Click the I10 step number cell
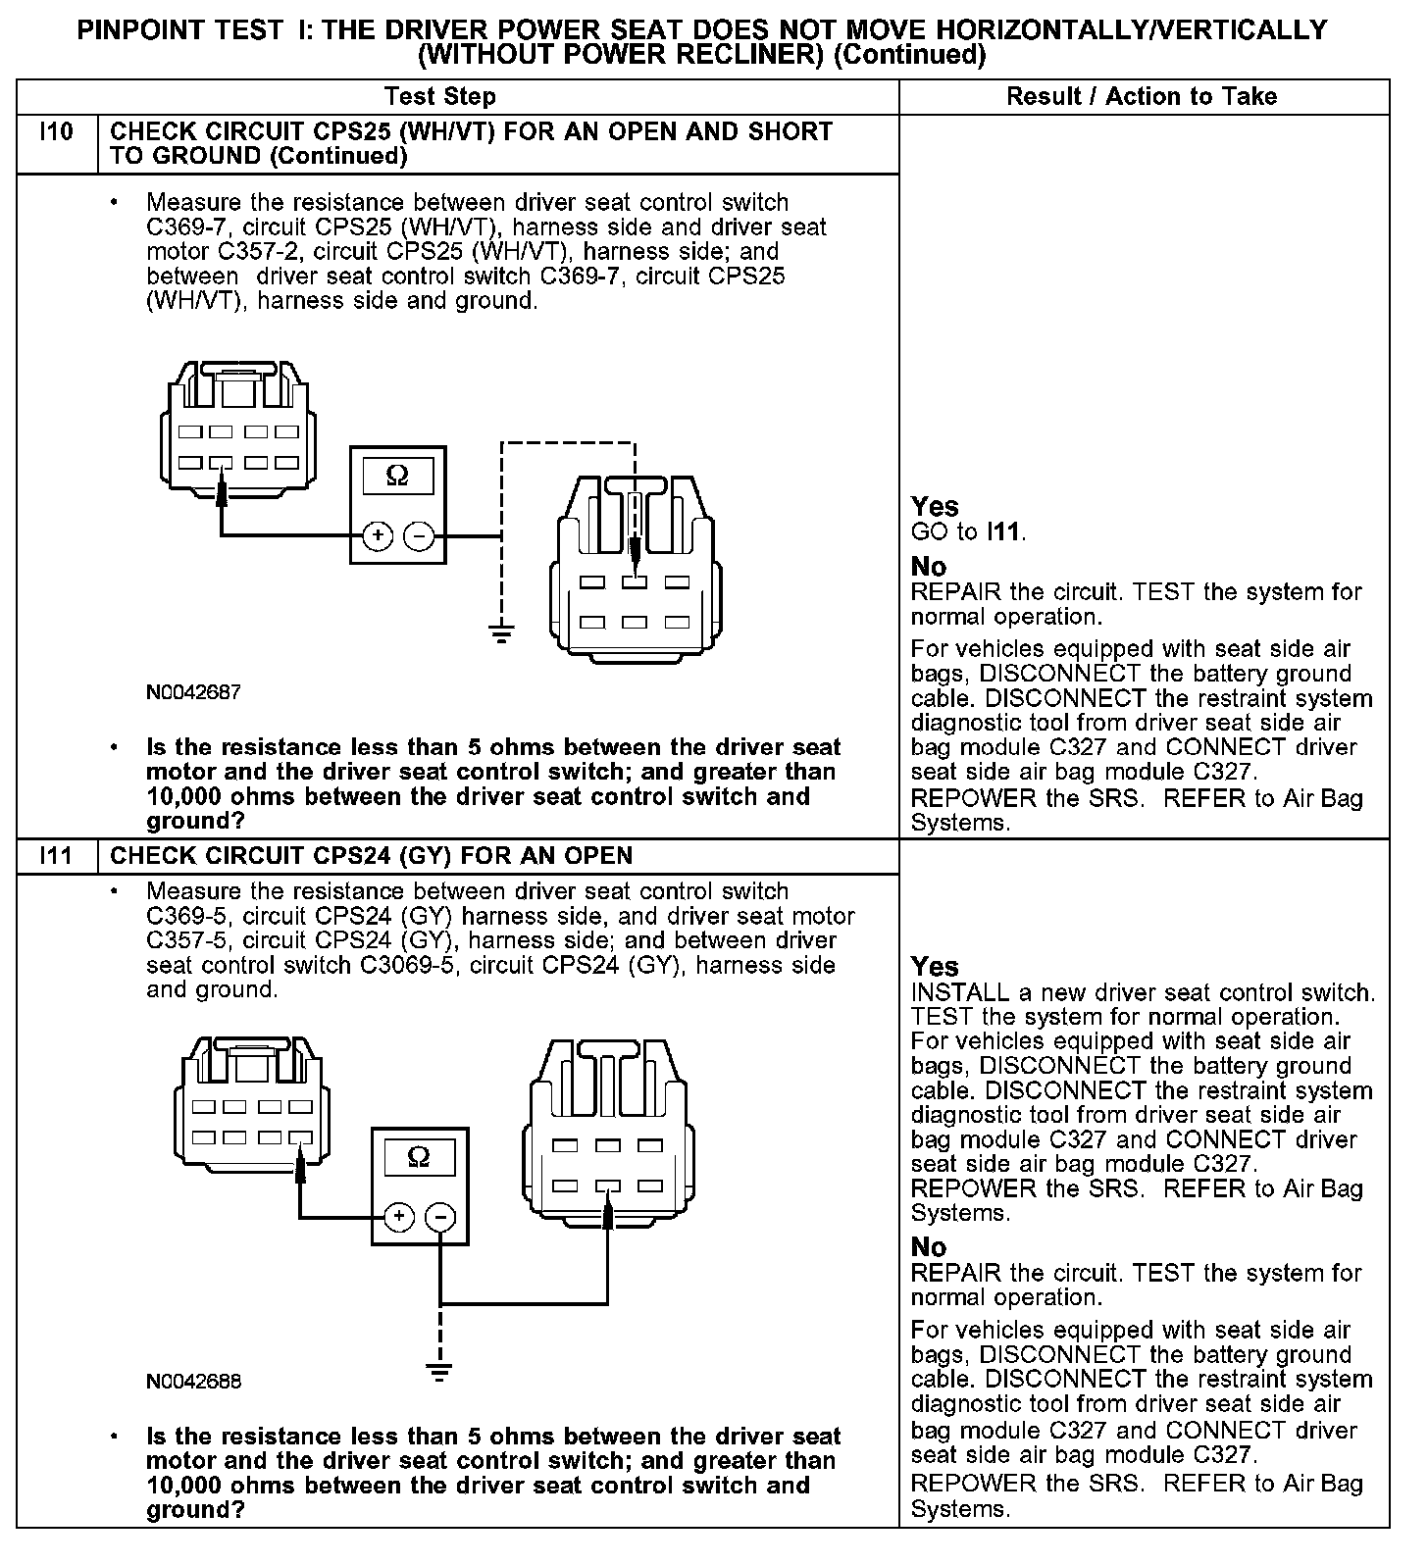point(57,132)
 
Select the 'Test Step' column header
point(440,96)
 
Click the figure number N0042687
point(193,692)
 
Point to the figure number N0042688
point(193,1381)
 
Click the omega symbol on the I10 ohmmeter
point(397,477)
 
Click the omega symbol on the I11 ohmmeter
point(419,1157)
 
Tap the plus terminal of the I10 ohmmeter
point(378,536)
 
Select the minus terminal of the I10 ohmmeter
point(419,536)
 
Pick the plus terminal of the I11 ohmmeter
point(398,1217)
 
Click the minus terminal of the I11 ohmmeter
point(440,1217)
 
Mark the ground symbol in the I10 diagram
point(501,632)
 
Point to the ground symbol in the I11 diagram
point(440,1371)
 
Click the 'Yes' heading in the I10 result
point(934,506)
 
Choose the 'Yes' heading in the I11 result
point(934,966)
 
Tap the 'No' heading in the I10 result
point(928,567)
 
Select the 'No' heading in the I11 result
point(928,1247)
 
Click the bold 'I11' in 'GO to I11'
point(1004,532)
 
